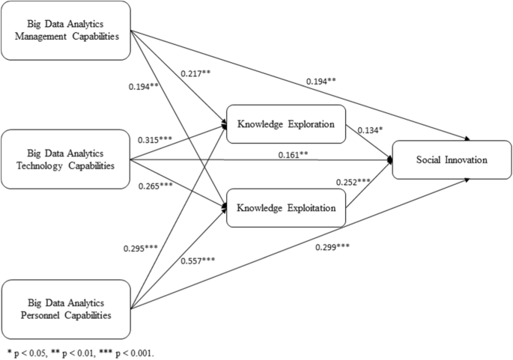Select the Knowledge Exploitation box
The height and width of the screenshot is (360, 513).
[285, 206]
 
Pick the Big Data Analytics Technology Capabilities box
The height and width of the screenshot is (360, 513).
[66, 158]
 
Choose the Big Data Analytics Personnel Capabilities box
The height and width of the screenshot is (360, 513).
[66, 308]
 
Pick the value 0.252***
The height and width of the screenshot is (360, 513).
[352, 182]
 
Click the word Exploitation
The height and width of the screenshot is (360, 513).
[306, 206]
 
